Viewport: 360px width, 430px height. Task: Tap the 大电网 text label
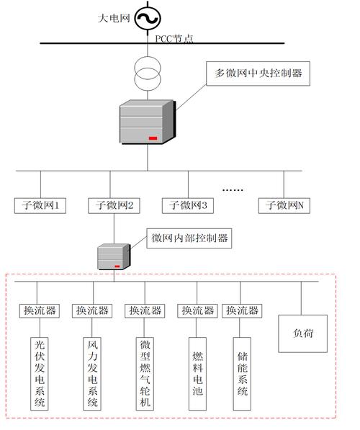(114, 18)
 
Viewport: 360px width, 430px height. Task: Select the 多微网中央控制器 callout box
(258, 73)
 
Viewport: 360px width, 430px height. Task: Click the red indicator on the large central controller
(153, 137)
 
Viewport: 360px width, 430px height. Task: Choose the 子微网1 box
(40, 205)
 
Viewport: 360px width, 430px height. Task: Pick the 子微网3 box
(189, 205)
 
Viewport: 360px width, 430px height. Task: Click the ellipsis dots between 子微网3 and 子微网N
(233, 189)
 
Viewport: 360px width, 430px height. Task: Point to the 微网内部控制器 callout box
(189, 238)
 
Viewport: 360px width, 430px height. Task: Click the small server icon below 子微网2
(114, 256)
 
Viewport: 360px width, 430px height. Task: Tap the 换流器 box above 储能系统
(242, 310)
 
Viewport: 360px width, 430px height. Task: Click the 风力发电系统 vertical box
(93, 374)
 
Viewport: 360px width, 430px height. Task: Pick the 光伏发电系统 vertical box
(40, 374)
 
